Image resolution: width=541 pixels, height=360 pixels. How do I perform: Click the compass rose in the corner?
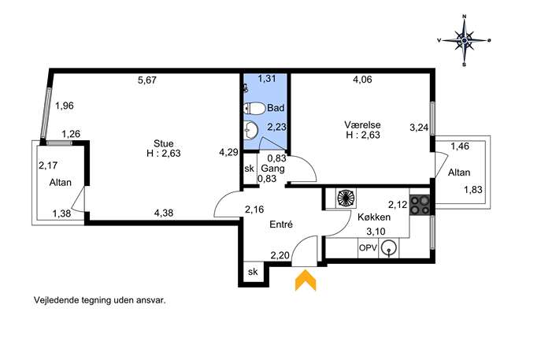click(x=465, y=40)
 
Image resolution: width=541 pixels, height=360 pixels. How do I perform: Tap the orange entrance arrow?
click(x=306, y=280)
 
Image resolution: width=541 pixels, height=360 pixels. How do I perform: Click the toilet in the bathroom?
click(x=254, y=109)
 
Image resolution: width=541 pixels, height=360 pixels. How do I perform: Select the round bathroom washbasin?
click(x=251, y=130)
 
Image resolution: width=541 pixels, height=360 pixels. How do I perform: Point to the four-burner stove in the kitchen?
click(x=420, y=205)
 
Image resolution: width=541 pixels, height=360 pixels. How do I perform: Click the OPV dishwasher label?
click(x=368, y=248)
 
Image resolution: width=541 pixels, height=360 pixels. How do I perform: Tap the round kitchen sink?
click(x=390, y=248)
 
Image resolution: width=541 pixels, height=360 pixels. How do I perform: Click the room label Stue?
click(x=163, y=143)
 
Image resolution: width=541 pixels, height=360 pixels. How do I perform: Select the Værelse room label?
click(x=362, y=124)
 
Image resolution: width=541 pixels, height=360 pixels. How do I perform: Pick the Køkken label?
click(x=374, y=217)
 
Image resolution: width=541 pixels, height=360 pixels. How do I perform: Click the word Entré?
click(x=281, y=225)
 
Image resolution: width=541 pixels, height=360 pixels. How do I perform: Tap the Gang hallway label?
click(x=272, y=169)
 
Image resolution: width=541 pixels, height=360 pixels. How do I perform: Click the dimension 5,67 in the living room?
click(x=147, y=80)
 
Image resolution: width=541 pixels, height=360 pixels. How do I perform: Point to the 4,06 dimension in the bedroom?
click(x=362, y=80)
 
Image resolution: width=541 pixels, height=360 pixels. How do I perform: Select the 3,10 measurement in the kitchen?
click(x=376, y=232)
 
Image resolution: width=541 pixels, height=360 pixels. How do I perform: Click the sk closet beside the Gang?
click(x=249, y=169)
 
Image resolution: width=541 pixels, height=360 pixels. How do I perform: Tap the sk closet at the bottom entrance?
click(x=253, y=272)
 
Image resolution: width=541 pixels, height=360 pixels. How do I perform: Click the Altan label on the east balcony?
click(x=459, y=173)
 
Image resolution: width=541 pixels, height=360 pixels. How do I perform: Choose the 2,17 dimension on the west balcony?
click(x=48, y=165)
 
